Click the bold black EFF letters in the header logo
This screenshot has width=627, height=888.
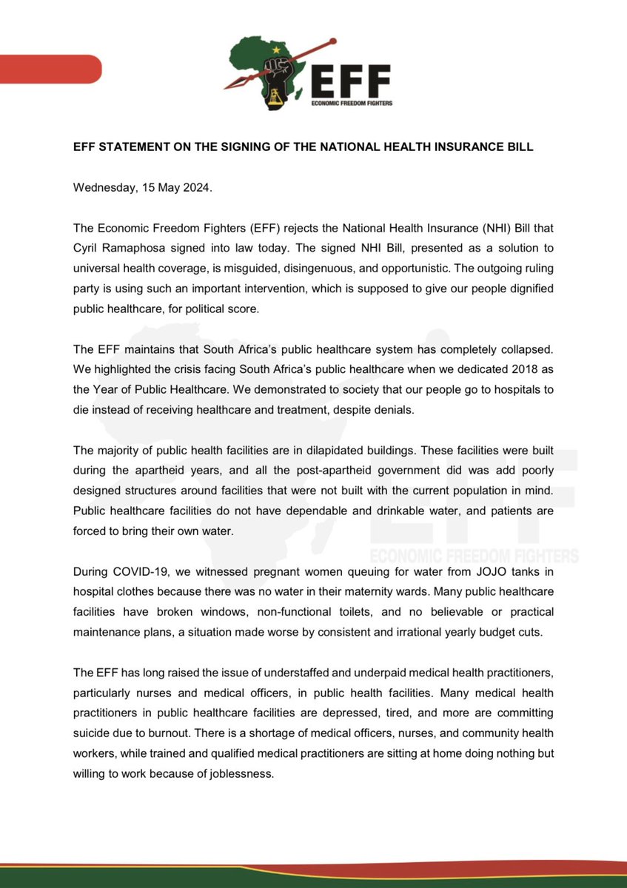[x=352, y=81]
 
